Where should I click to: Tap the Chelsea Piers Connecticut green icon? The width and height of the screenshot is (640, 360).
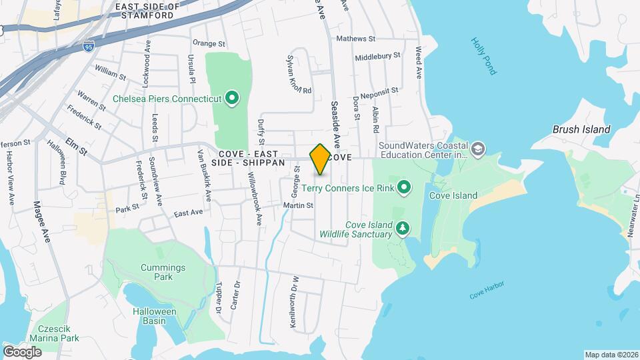click(x=232, y=99)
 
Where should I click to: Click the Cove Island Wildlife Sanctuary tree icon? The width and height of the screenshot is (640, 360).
click(x=403, y=229)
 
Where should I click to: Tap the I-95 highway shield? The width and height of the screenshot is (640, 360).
click(x=89, y=47)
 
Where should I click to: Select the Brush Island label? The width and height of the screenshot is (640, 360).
click(x=581, y=129)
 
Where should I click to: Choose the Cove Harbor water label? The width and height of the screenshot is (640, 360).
click(x=486, y=290)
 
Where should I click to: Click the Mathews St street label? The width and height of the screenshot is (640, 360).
click(x=357, y=39)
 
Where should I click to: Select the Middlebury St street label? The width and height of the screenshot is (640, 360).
click(x=377, y=57)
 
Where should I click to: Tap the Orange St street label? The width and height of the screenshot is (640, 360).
click(x=205, y=43)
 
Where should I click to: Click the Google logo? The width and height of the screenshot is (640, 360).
click(x=22, y=351)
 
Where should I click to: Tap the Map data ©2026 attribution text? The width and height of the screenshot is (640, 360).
click(x=611, y=355)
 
